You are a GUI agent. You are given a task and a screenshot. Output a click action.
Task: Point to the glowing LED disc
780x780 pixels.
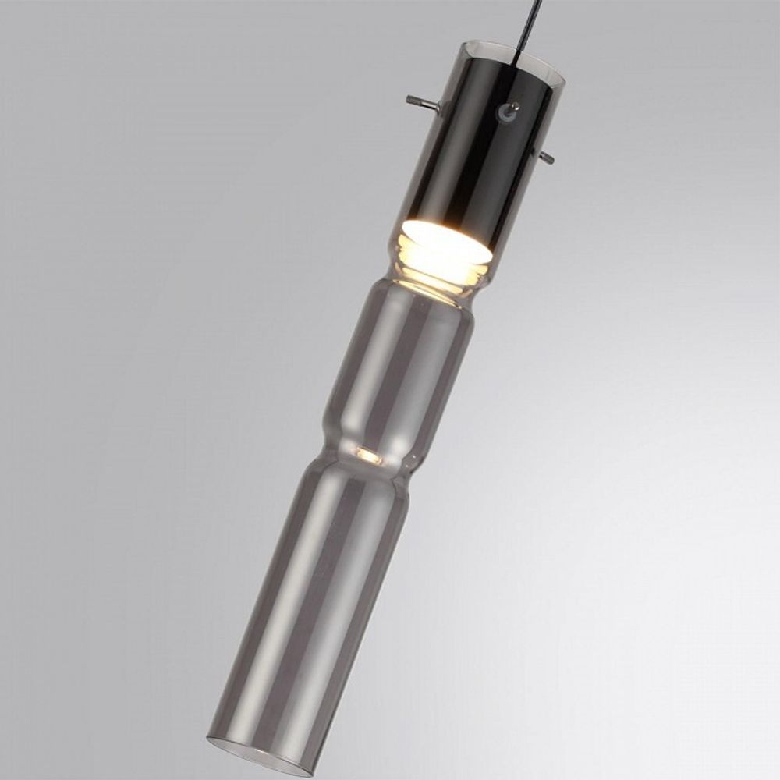tap(446, 240)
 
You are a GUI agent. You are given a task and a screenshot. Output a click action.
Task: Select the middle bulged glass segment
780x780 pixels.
tap(398, 367)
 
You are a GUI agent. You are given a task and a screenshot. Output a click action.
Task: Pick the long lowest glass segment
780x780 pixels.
tap(312, 608)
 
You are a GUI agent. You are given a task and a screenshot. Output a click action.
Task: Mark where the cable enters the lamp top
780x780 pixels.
tap(521, 55)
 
